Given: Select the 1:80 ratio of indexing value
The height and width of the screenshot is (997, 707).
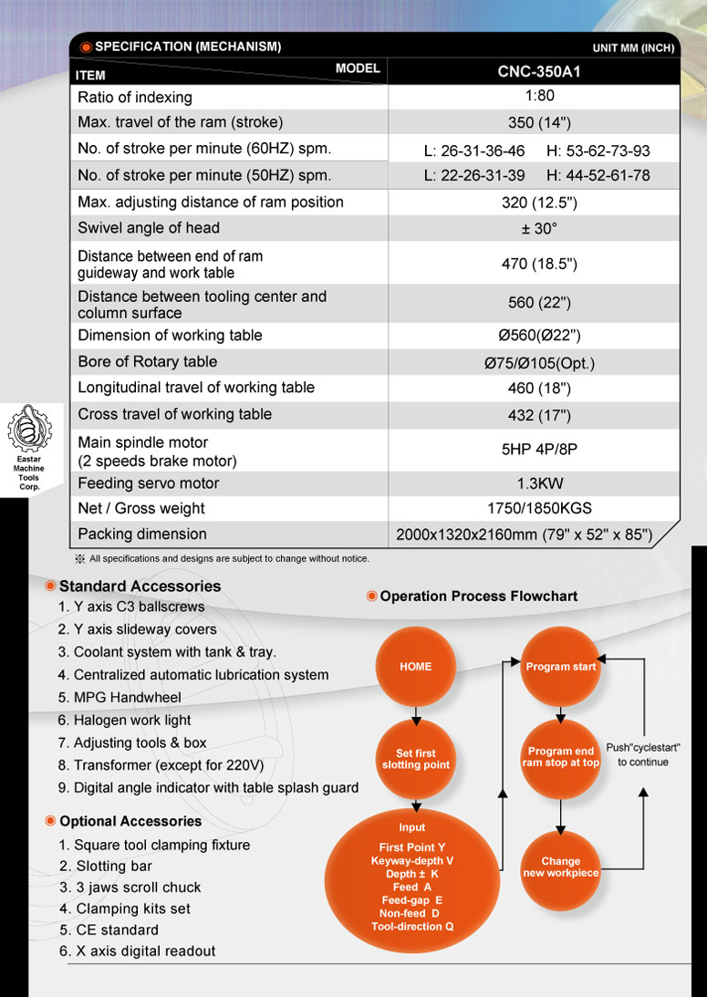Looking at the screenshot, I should click(x=534, y=97).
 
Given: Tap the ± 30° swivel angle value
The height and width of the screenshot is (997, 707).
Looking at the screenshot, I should click(x=534, y=228).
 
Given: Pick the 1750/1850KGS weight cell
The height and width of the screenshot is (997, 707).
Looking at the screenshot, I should click(x=534, y=509).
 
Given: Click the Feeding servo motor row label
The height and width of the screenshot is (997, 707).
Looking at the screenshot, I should click(x=149, y=483).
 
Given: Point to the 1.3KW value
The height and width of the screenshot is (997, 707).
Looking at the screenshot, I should click(x=534, y=483).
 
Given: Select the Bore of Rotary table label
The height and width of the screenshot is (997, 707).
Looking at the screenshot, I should click(x=148, y=362).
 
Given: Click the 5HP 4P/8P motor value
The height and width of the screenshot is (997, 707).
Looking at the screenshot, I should click(x=534, y=449).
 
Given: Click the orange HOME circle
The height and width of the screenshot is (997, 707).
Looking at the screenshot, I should click(x=415, y=667).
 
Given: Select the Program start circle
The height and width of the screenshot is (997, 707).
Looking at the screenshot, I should click(x=561, y=667).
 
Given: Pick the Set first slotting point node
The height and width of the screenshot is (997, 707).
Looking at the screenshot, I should click(x=415, y=759).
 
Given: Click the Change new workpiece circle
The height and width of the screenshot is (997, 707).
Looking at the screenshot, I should click(x=561, y=867).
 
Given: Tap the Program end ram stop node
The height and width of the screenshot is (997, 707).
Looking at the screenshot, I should click(x=561, y=757).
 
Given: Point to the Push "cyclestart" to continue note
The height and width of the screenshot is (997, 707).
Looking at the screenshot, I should click(x=643, y=754).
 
